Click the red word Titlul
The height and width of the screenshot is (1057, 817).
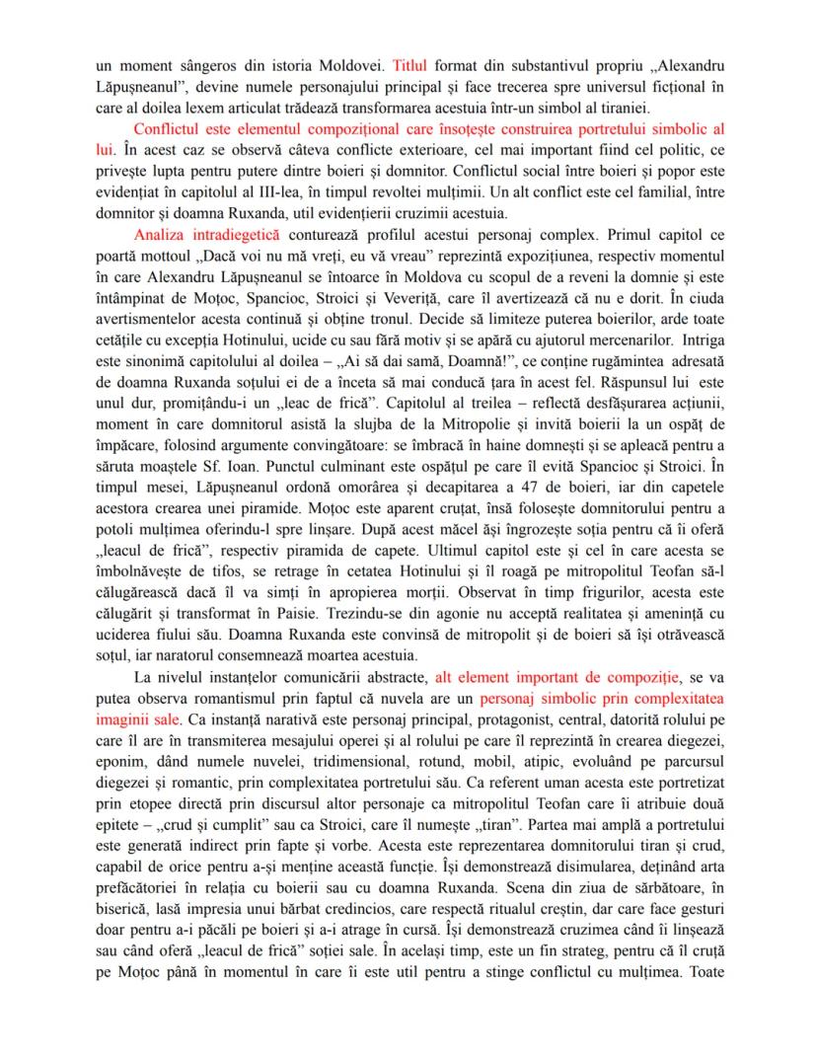[409, 66]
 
